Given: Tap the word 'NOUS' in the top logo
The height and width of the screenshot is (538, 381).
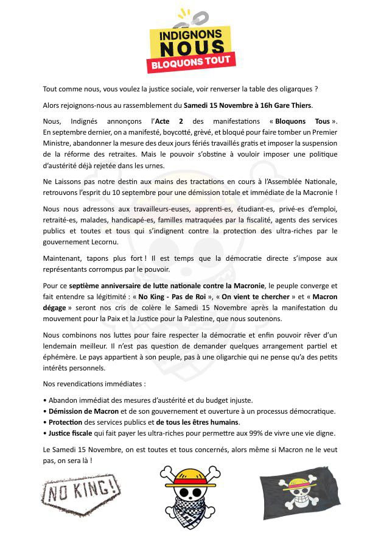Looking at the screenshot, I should coord(190,47).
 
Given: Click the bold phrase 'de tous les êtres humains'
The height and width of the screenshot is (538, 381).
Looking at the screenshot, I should coord(198,422).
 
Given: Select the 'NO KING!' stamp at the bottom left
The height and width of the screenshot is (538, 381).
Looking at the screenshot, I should coord(81,489).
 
